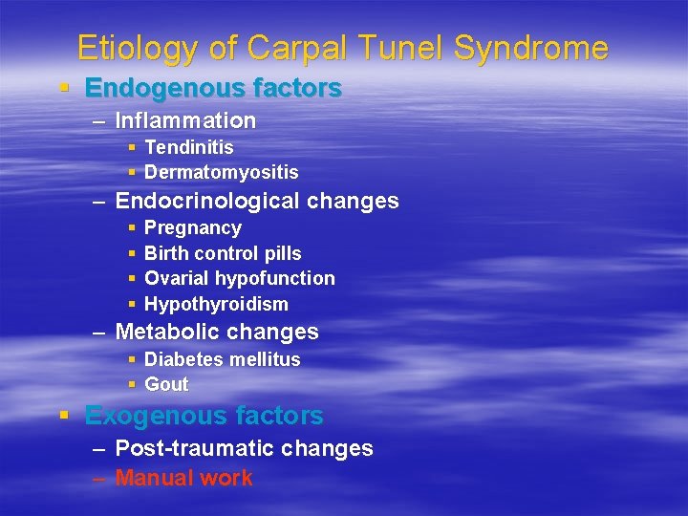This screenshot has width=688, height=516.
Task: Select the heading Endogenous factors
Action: pos(213,88)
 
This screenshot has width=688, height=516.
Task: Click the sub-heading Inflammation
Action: pos(185,120)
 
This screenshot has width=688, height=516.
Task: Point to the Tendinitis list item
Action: pos(188,147)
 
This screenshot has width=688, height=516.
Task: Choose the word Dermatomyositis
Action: pos(221,173)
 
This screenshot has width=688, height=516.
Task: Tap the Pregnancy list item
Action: pos(192,228)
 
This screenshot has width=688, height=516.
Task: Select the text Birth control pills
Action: pos(222,253)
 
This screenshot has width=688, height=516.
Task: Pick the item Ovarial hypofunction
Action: pos(239,278)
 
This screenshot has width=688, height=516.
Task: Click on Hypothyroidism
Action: pos(216,304)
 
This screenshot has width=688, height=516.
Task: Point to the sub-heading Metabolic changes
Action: pos(217,332)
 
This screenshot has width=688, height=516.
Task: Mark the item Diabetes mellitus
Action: pos(222,359)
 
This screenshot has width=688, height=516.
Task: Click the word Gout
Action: pos(166,384)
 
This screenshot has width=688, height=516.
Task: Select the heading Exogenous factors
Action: pos(204,416)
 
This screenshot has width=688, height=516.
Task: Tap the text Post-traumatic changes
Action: pos(244,448)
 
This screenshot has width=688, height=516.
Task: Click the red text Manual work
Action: pos(183,478)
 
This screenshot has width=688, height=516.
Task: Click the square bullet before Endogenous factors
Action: pos(64,88)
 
